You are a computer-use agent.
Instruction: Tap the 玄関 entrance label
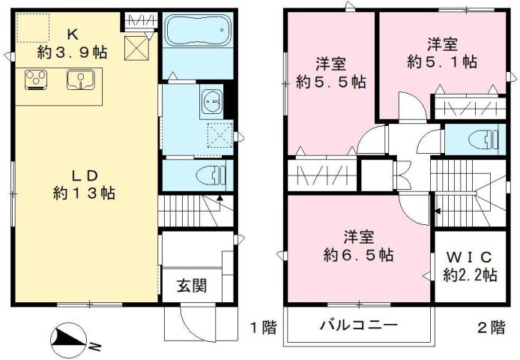pos(192,286)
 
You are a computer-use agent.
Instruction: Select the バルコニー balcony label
pos(358,326)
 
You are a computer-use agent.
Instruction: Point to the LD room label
pos(85,175)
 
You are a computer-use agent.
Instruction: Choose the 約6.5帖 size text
pos(357,255)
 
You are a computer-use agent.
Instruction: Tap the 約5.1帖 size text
pos(442,61)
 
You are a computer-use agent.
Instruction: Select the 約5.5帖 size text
pos(330,81)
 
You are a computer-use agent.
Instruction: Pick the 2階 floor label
pos(491,327)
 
